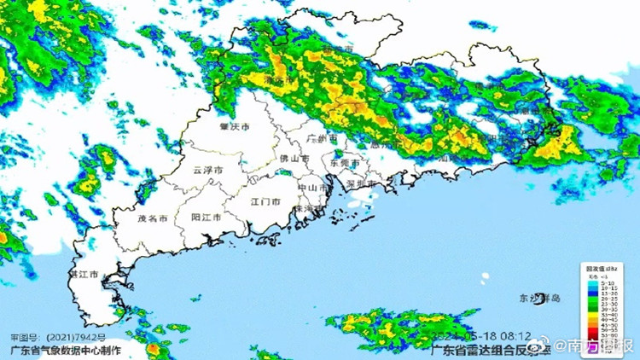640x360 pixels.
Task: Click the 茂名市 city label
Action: click(153, 218)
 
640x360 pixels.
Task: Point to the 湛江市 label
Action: click(84, 275)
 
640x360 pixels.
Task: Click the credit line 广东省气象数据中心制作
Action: click(65, 350)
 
